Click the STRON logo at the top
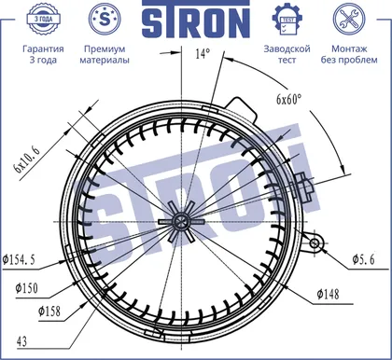pos(196,19)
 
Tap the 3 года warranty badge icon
pos(43,19)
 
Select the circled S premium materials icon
pos(105,19)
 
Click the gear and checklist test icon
pos(287,19)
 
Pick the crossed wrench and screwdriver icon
pos(349,19)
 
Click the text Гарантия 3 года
pos(43,54)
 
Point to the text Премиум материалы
pos(105,54)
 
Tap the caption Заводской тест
pos(287,54)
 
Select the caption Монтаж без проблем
pos(349,54)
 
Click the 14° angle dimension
pos(203,54)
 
